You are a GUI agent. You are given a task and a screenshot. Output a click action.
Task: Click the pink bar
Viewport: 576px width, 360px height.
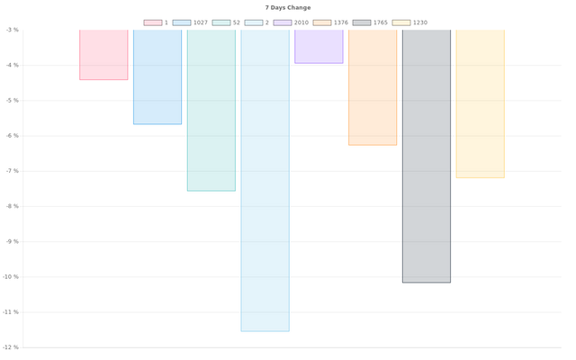(103, 55)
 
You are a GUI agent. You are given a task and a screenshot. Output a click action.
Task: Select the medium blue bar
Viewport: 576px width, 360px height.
(157, 77)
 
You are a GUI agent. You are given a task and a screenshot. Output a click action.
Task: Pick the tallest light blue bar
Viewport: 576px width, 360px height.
(265, 180)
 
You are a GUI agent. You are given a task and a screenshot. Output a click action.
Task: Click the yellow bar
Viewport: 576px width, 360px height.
(480, 104)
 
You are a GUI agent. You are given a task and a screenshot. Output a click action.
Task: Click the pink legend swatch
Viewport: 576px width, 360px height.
(152, 22)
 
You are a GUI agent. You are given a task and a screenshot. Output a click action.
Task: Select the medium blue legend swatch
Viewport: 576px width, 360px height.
(180, 22)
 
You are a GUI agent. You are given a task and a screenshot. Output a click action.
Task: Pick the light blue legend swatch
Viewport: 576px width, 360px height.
(254, 22)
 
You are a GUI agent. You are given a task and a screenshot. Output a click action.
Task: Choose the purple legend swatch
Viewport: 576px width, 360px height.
(282, 22)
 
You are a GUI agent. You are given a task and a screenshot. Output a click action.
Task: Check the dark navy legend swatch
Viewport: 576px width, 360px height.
(362, 22)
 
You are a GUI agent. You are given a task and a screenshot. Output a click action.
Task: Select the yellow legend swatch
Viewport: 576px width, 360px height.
(401, 22)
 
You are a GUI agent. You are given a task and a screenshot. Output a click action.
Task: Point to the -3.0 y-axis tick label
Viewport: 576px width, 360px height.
(13, 30)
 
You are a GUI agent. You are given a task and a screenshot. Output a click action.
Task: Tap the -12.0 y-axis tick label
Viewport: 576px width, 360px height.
(12, 347)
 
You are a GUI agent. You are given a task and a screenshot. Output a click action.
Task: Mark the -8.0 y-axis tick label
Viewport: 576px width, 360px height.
(13, 206)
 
